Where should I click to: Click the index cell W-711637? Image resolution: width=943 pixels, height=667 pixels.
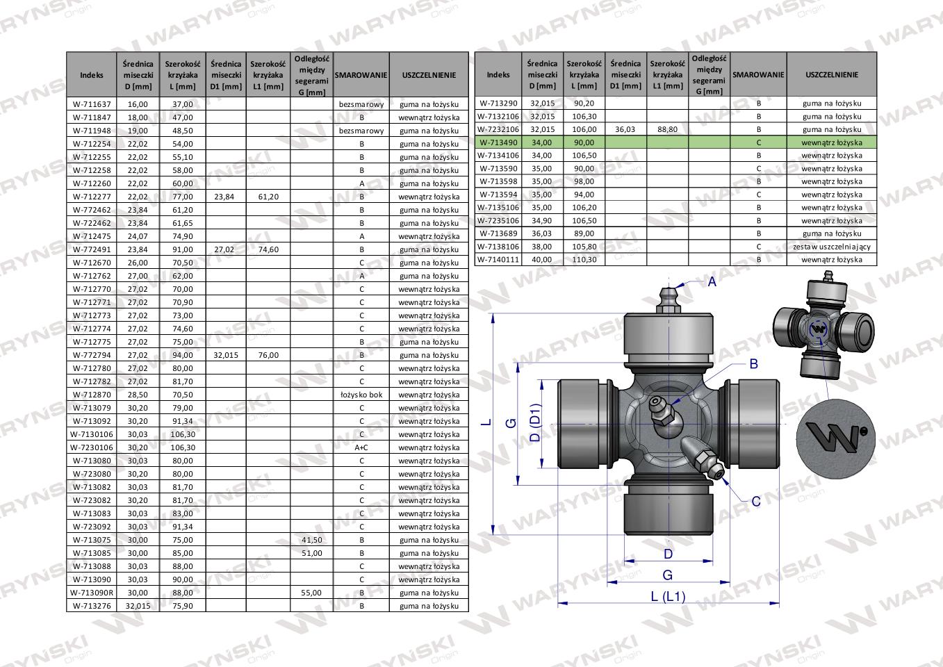coord(92,104)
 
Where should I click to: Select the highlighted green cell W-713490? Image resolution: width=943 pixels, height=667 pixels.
coord(498,142)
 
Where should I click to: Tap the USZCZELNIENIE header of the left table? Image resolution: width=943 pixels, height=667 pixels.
coord(429,75)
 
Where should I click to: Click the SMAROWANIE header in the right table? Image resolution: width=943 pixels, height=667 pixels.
coord(758,74)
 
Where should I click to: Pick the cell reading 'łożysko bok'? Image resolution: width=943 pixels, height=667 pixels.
coord(361,395)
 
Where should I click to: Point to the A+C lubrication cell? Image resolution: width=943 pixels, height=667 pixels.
coord(361,447)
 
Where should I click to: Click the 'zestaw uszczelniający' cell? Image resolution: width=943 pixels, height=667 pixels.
coord(831,247)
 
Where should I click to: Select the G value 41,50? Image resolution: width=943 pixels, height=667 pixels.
coord(311,540)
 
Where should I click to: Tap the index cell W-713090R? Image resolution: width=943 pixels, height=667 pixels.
coord(92,593)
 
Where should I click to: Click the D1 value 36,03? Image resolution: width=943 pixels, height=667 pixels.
coord(625,129)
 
